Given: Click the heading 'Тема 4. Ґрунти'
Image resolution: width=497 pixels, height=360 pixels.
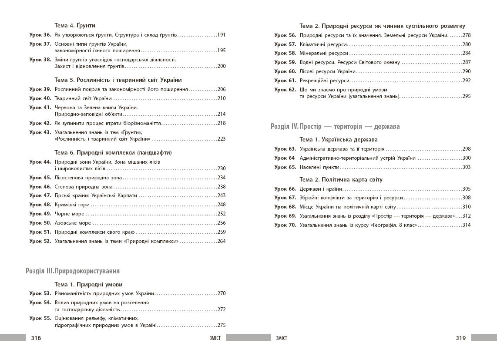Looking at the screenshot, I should coord(75,26).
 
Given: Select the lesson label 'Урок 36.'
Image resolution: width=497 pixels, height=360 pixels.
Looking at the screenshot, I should coord(40,35).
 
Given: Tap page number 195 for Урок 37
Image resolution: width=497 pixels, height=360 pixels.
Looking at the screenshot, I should coord(221,50).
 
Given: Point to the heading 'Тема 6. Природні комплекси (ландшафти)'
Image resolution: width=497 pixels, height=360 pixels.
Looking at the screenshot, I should coord(113,153).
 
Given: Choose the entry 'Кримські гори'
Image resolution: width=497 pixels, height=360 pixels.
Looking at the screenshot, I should coord(72,205).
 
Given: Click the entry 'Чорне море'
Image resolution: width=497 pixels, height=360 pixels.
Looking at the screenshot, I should coord(70,214).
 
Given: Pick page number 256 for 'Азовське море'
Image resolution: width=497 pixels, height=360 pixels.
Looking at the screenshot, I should coord(221,223).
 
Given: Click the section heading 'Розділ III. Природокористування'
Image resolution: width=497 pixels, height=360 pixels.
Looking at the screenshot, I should coord(73,271).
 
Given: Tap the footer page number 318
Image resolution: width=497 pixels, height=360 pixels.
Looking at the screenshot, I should coord(36,338).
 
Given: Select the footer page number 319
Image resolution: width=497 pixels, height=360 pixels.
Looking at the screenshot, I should coord(460,338).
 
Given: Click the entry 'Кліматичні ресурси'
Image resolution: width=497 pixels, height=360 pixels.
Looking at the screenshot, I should coord(323,44).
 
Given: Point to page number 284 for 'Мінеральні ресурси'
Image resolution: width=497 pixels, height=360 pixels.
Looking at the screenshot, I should coord(467,54).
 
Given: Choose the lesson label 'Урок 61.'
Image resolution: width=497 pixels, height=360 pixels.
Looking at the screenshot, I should coord(285,81).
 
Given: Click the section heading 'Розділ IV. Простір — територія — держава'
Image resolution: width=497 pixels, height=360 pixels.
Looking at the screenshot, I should coord(335,126).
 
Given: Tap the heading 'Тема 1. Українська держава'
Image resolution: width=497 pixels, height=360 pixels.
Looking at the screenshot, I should coord(339,140).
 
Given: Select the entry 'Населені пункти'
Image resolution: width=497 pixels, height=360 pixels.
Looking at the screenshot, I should coord(320,167).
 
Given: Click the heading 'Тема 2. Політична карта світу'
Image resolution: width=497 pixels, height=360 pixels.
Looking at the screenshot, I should coord(341,179).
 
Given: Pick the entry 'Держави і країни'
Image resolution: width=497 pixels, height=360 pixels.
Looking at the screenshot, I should coord(321,189).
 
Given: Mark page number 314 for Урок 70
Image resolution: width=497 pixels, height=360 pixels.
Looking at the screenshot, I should coord(467,225).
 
